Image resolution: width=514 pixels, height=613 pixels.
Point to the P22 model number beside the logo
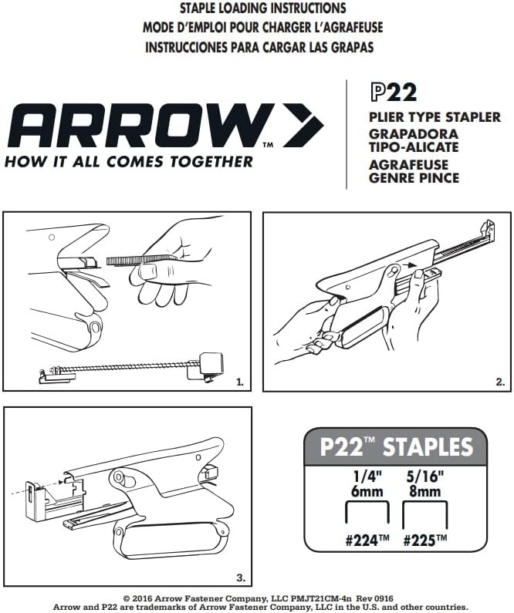[x=393, y=93]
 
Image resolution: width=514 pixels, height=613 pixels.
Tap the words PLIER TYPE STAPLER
[x=435, y=117]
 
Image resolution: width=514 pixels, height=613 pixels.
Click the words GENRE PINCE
[x=414, y=178]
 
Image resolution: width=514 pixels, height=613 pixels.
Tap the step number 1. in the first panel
[x=240, y=382]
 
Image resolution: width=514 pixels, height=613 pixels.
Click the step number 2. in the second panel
[x=500, y=382]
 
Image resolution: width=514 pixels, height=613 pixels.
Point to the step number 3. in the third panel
[x=241, y=578]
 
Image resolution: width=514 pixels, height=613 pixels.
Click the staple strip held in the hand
[x=140, y=260]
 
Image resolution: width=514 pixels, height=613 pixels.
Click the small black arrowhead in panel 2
[x=410, y=265]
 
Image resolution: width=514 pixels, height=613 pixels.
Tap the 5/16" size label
[x=424, y=477]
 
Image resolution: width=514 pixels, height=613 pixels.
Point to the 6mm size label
[x=367, y=491]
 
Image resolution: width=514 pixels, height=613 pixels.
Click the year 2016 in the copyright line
[x=144, y=598]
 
